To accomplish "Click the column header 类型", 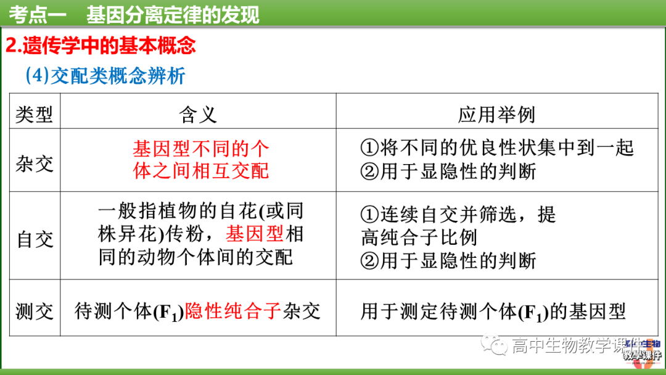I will pyautogui.click(x=35, y=114).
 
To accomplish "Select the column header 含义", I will pyautogui.click(x=198, y=114).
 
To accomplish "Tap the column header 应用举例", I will pyautogui.click(x=496, y=114).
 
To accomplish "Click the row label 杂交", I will pyautogui.click(x=35, y=163).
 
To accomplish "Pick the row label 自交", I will pyautogui.click(x=35, y=239).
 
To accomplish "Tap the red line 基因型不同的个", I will pyautogui.click(x=201, y=149).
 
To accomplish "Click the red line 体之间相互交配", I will pyautogui.click(x=201, y=170).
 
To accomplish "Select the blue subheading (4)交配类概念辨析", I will pyautogui.click(x=105, y=76).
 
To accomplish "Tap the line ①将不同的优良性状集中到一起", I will pyautogui.click(x=497, y=147).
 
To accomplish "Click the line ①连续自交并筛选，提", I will pyautogui.click(x=458, y=214).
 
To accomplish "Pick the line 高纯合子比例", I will pyautogui.click(x=419, y=237).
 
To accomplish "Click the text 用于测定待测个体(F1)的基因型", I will pyautogui.click(x=493, y=311).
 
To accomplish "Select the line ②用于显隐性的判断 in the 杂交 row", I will pyautogui.click(x=449, y=171).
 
